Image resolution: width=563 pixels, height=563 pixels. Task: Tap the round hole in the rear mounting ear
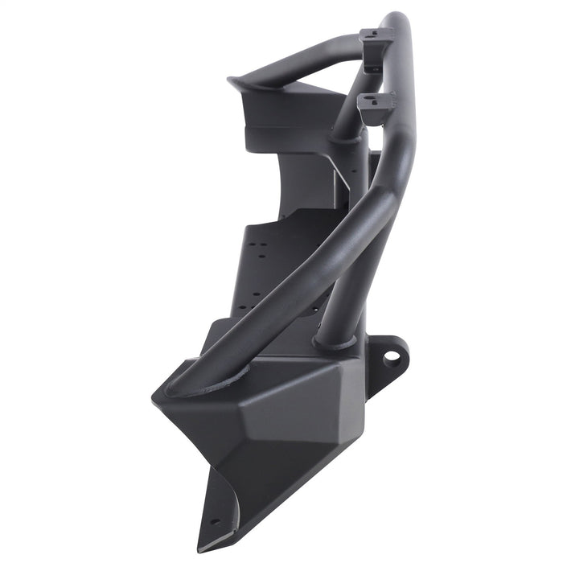(x=392, y=355)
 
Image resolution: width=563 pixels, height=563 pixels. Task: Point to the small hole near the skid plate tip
(x=215, y=520)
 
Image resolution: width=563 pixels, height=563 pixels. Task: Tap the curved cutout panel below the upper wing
(x=306, y=181)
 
